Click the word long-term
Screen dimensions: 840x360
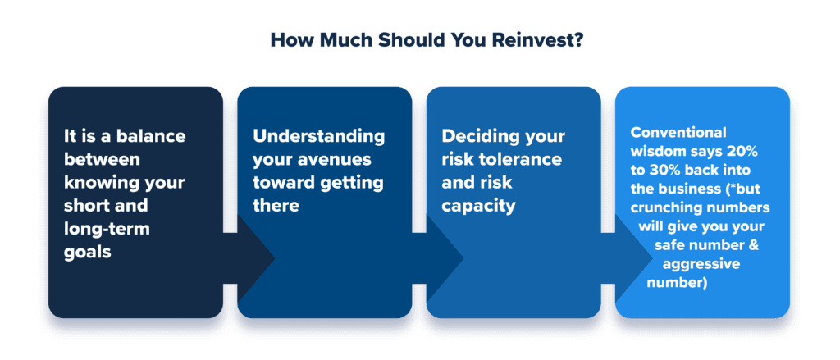click(x=107, y=229)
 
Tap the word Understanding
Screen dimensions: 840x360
click(x=319, y=135)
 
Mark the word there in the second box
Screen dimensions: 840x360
click(x=276, y=206)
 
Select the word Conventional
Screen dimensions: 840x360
click(x=678, y=132)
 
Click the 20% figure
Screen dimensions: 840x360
click(x=742, y=151)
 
